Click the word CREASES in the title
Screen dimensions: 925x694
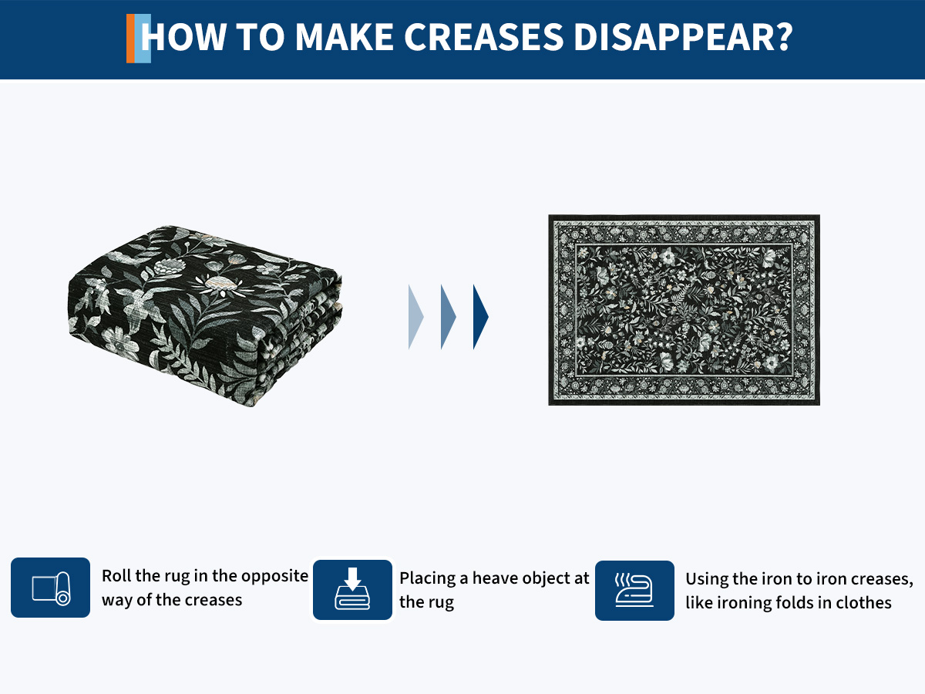click(484, 37)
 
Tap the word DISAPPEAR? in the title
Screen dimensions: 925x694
click(683, 37)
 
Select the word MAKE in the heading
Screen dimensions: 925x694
click(345, 37)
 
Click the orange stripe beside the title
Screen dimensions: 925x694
click(130, 39)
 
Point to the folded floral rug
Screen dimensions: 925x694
click(205, 315)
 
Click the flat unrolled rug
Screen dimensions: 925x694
click(684, 310)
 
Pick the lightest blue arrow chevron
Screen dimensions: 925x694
click(416, 317)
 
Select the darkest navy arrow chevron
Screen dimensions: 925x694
click(481, 317)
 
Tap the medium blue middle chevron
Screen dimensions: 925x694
click(449, 317)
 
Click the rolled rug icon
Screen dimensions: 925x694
click(51, 588)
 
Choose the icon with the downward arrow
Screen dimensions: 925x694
click(352, 589)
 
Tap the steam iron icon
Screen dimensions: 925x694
click(634, 591)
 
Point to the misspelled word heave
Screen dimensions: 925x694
click(496, 578)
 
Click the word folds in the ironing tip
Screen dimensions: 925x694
click(795, 602)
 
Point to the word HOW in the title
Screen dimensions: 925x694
click(183, 37)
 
